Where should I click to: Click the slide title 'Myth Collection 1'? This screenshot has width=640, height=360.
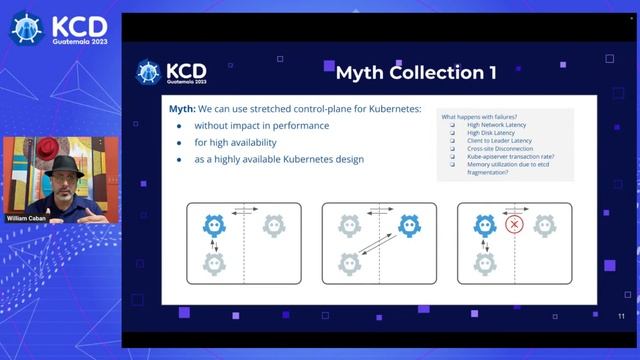tap(415, 72)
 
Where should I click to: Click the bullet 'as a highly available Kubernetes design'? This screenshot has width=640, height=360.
tap(279, 160)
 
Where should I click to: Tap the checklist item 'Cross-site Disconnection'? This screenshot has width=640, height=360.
tap(499, 150)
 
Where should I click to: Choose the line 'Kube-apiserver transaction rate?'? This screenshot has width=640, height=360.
tap(512, 158)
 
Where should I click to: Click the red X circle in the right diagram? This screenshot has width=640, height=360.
tap(515, 225)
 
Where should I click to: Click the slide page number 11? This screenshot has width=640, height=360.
tap(621, 317)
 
